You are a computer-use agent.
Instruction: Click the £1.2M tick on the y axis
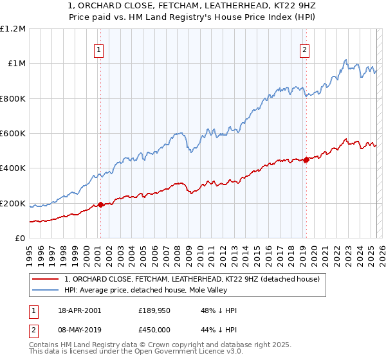click(14, 28)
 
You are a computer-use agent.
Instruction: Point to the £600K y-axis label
click(14, 133)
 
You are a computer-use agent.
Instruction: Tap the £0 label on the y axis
click(21, 239)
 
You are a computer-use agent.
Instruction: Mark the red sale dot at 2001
click(100, 205)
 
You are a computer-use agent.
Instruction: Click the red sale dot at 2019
click(306, 159)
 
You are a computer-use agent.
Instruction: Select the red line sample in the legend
click(46, 280)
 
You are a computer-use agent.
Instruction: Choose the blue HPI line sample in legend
click(46, 291)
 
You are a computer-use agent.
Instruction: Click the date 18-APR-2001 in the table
click(78, 310)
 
